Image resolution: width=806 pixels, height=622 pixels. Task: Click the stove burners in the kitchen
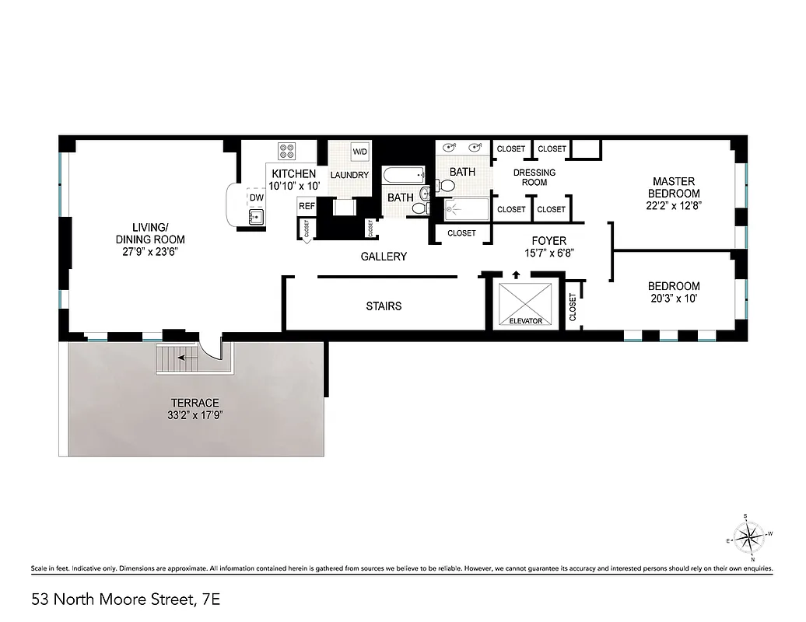pyautogui.click(x=287, y=151)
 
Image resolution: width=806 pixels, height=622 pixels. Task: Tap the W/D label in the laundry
pyautogui.click(x=359, y=151)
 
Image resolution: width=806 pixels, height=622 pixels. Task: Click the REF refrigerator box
pyautogui.click(x=307, y=206)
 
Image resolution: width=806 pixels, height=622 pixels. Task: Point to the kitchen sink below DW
pyautogui.click(x=256, y=217)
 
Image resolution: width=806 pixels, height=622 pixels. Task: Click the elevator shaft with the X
pyautogui.click(x=525, y=302)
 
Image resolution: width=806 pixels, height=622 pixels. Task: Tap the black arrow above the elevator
pyautogui.click(x=515, y=274)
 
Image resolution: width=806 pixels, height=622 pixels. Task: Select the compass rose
pyautogui.click(x=750, y=535)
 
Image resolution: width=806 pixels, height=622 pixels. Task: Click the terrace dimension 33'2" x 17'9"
pyautogui.click(x=195, y=415)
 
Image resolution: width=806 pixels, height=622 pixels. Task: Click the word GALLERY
pyautogui.click(x=384, y=257)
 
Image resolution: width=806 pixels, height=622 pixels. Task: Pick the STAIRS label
pyautogui.click(x=384, y=306)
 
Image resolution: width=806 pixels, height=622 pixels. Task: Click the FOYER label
pyautogui.click(x=548, y=241)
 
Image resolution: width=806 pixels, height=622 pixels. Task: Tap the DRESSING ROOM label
pyautogui.click(x=534, y=177)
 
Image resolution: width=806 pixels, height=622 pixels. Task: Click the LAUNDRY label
pyautogui.click(x=349, y=175)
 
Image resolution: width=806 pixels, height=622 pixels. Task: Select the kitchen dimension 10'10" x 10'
pyautogui.click(x=293, y=187)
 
